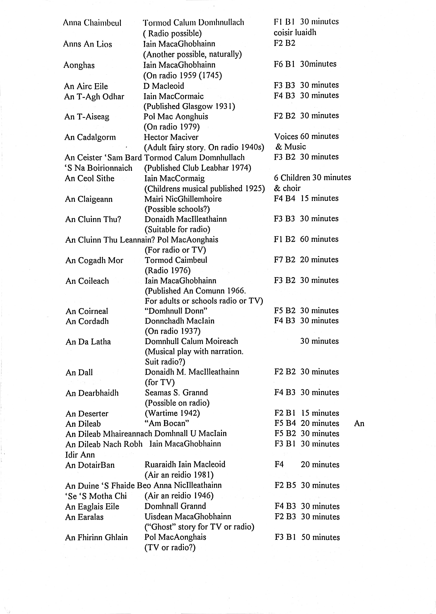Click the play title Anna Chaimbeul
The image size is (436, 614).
coord(92,23)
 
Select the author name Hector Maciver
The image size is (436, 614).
coord(171,137)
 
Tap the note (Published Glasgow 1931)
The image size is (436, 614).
coord(189,106)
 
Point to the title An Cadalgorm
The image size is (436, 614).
coord(90,137)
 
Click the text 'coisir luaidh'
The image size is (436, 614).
coord(295,33)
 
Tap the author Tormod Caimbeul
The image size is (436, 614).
coord(176,260)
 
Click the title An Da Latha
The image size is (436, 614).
coord(88,342)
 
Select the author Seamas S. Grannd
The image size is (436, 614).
coord(176,392)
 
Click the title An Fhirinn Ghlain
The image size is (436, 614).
coord(96,537)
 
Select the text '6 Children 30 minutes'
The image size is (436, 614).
coord(312,177)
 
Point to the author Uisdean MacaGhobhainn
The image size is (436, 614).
coord(188,517)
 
